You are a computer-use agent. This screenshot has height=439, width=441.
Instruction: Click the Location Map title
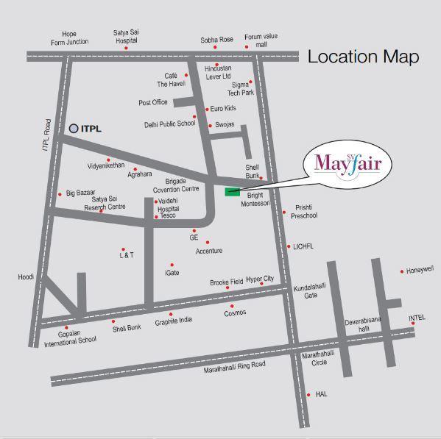point(363,57)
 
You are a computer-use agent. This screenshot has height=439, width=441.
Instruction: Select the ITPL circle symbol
point(74,128)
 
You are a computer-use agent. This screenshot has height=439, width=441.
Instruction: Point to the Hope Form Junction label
point(69,38)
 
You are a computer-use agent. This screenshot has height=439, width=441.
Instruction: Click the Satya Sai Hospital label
point(126,37)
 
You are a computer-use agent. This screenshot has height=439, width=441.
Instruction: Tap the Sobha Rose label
point(216,40)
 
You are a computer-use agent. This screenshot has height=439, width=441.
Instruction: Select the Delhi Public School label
point(169,124)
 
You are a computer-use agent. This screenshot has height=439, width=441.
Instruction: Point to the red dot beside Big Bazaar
point(60,194)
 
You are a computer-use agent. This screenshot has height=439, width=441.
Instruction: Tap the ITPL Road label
point(45,136)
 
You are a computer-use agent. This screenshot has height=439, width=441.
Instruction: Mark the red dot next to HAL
point(309,394)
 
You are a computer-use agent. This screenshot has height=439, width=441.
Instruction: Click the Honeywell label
point(420,271)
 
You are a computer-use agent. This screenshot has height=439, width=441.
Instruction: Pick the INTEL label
point(417,318)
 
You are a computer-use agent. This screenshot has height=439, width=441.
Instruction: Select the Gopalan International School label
point(70,336)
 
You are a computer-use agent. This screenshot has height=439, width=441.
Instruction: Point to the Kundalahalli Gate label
point(306,291)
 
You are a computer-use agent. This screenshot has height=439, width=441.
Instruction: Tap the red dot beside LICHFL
point(289,246)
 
